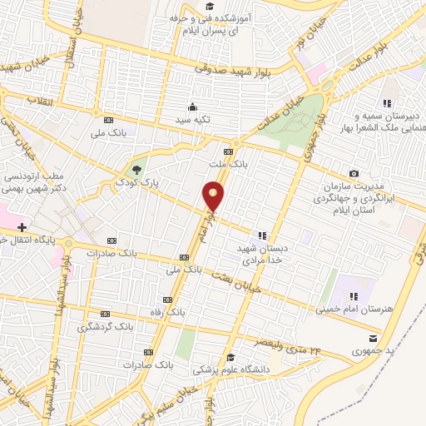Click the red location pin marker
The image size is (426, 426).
pos(214,196)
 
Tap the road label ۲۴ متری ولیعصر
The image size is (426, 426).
pos(278,344)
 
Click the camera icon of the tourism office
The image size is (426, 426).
pos(354,173)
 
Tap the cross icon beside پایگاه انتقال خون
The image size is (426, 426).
pos(22,226)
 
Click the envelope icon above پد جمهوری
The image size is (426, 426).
pos(372,338)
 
